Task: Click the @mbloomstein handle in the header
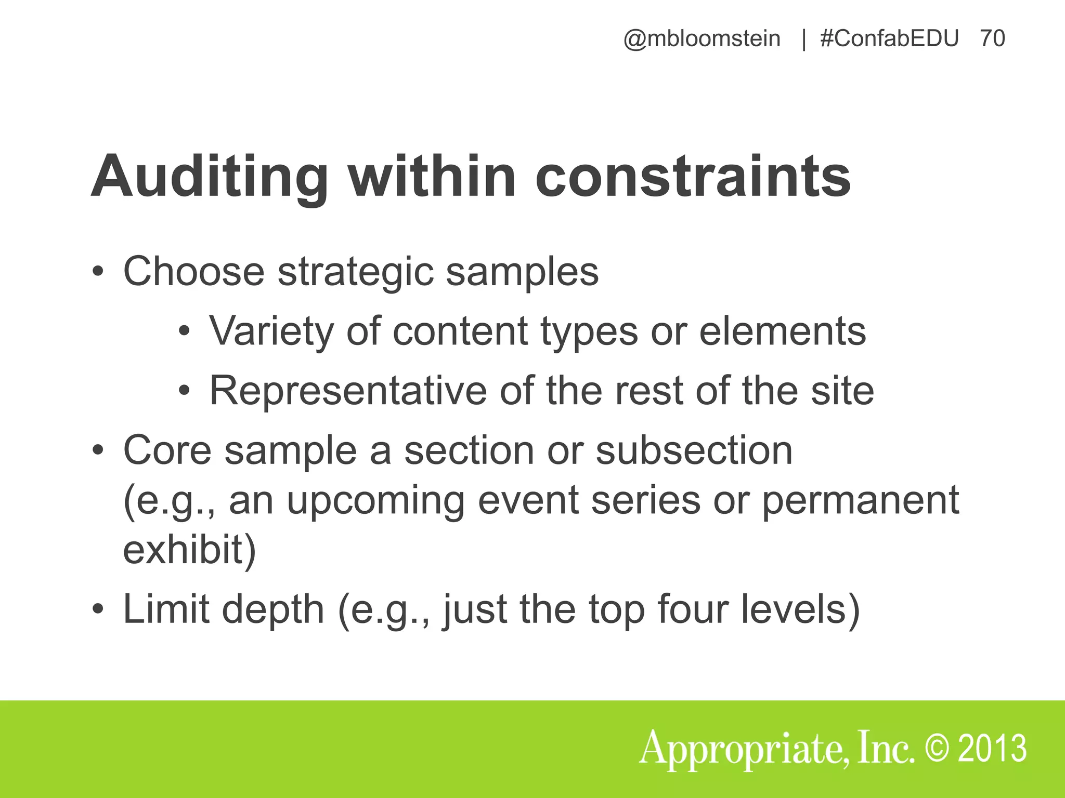tap(702, 39)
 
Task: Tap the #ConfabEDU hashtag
tap(889, 39)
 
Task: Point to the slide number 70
tap(992, 39)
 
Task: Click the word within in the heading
tap(432, 177)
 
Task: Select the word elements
tap(783, 331)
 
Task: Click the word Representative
tap(347, 391)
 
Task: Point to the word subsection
tap(694, 450)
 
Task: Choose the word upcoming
tap(375, 501)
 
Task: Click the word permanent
tap(860, 501)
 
